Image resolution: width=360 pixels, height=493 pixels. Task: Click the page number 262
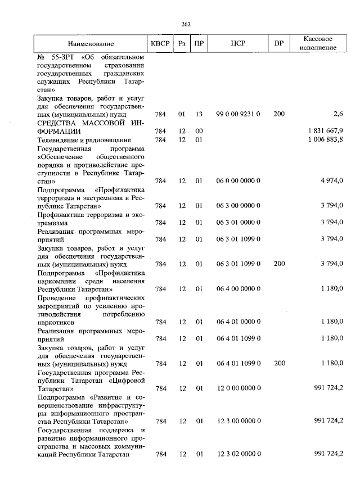pyautogui.click(x=186, y=24)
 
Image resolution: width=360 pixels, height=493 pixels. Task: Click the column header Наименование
pyautogui.click(x=91, y=43)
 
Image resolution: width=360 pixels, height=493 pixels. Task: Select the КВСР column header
pyautogui.click(x=160, y=43)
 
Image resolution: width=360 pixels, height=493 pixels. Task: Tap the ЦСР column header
pyautogui.click(x=238, y=43)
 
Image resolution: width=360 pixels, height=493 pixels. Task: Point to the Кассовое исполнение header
pyautogui.click(x=318, y=43)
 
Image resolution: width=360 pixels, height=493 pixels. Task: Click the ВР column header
pyautogui.click(x=278, y=43)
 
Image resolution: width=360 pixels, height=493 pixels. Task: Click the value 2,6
pyautogui.click(x=337, y=114)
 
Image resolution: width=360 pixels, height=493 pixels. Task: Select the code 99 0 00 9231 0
pyautogui.click(x=238, y=114)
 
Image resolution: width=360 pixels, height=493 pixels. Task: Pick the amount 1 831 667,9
pyautogui.click(x=326, y=131)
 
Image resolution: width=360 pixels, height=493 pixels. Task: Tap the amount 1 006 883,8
pyautogui.click(x=326, y=139)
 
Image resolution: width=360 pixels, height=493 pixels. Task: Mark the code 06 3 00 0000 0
pyautogui.click(x=238, y=206)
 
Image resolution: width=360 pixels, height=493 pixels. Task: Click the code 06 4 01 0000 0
pyautogui.click(x=238, y=322)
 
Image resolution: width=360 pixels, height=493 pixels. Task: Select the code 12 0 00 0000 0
pyautogui.click(x=238, y=388)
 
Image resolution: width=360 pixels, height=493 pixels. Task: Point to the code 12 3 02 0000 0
pyautogui.click(x=238, y=454)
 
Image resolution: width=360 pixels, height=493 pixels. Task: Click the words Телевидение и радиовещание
pyautogui.click(x=84, y=139)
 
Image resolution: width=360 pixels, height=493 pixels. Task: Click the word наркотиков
pyautogui.click(x=55, y=322)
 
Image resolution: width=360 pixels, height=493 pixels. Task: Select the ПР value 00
pyautogui.click(x=199, y=131)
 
